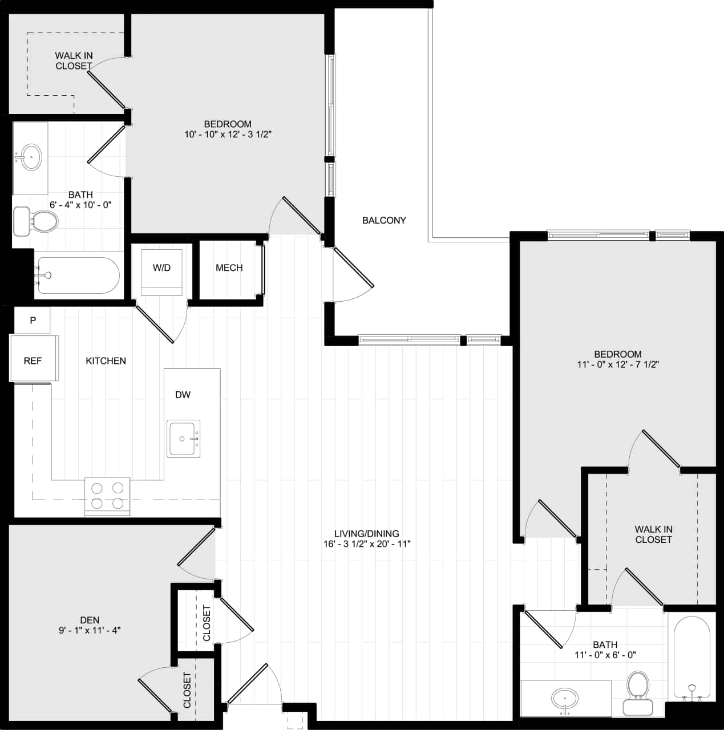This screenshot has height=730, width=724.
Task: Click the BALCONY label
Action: [384, 220]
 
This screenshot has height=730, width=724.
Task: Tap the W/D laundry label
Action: [162, 267]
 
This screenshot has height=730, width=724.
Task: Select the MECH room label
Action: [229, 267]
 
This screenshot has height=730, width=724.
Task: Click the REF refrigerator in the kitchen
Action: [33, 360]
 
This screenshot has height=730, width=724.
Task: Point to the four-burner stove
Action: [107, 496]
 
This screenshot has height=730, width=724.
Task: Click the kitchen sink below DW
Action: [184, 439]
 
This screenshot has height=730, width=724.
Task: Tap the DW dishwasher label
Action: [183, 395]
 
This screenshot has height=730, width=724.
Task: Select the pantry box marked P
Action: [33, 321]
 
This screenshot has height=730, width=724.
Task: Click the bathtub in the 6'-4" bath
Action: [78, 275]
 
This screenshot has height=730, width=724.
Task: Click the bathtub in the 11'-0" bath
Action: [692, 656]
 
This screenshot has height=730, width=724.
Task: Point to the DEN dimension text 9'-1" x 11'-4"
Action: [90, 630]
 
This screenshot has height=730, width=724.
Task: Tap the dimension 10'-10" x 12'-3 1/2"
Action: [228, 135]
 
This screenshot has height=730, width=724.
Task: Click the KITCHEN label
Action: [106, 360]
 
